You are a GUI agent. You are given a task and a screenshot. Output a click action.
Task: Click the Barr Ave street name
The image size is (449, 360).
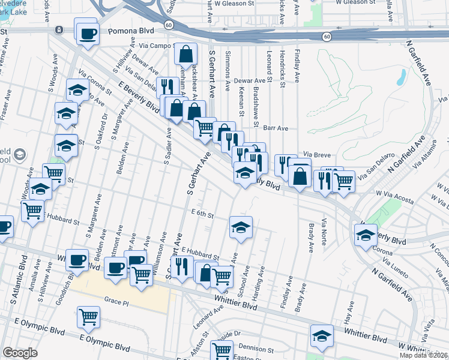tap(276, 128)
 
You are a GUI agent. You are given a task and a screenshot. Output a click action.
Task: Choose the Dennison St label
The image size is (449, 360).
tap(256, 348)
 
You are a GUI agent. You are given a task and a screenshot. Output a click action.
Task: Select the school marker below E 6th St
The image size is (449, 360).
tap(241, 227)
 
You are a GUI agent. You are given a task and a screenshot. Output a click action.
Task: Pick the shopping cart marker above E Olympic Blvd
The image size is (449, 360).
tap(89, 316)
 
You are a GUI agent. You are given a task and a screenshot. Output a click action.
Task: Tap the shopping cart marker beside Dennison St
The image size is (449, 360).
tap(221, 350)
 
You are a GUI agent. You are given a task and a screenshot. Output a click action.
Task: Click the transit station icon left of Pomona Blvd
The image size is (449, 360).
tap(59, 30)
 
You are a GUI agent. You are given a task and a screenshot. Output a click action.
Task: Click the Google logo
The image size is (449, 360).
tap(20, 353)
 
